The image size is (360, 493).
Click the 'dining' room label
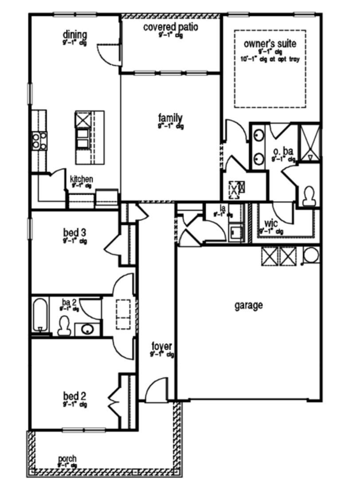point(74,35)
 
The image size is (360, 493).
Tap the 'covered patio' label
point(170,27)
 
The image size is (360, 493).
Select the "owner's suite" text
point(270,44)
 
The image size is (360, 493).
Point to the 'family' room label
point(170,118)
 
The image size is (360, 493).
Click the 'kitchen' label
point(82,179)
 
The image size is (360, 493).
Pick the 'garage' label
point(248,305)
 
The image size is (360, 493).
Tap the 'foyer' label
point(161,346)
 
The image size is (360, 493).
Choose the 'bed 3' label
point(74,232)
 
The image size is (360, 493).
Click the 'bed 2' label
point(74,395)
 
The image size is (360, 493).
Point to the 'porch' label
point(67,458)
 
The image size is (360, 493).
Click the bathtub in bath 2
point(39,315)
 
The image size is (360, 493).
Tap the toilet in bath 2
point(65,325)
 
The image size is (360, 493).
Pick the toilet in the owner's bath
point(309,195)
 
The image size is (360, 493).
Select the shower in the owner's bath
point(310,143)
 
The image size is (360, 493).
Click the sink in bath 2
point(87,329)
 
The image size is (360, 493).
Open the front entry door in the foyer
point(156,390)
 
